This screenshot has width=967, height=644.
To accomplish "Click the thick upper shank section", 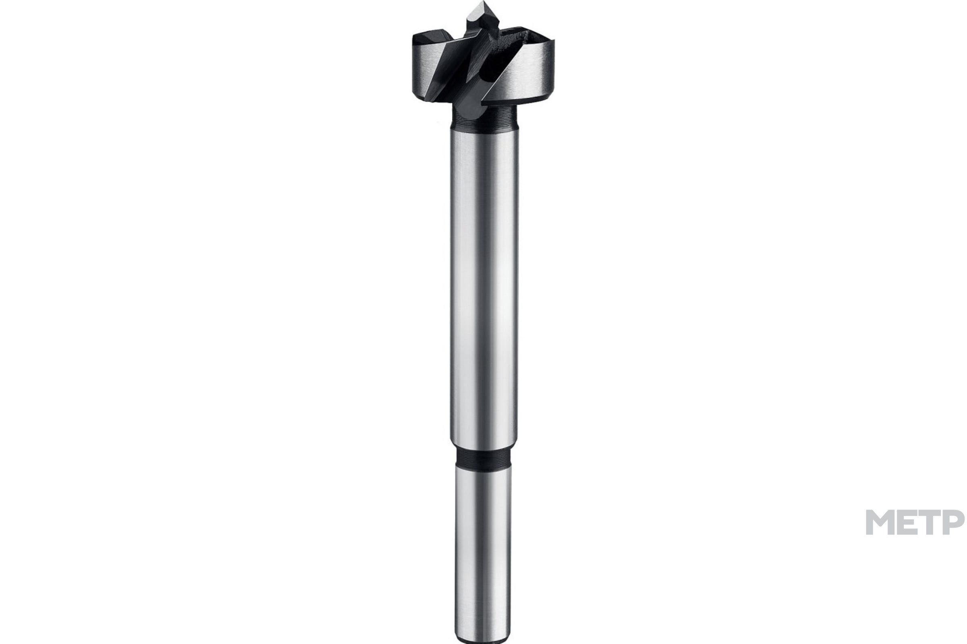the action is pyautogui.click(x=484, y=287).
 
